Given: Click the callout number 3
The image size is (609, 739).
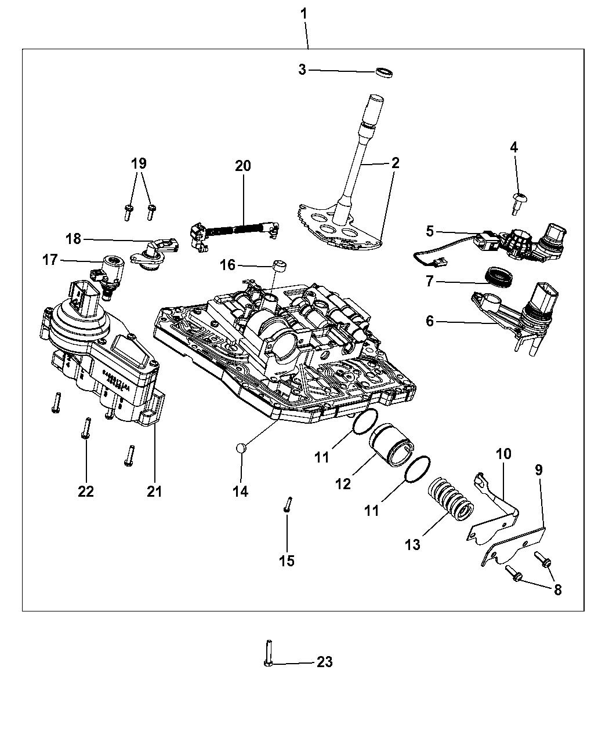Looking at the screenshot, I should [302, 70].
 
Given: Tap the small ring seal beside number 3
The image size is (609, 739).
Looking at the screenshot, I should [383, 72].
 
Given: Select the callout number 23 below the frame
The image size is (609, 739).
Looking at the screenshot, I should [325, 662].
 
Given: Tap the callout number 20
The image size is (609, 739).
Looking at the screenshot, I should [243, 166].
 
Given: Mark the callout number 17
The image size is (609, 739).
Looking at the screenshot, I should [50, 260].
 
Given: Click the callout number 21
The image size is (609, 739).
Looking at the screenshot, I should [154, 491].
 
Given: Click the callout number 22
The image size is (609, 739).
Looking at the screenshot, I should [86, 491].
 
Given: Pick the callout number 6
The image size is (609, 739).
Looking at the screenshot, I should [430, 320].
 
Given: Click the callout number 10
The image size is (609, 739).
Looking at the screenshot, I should [503, 454].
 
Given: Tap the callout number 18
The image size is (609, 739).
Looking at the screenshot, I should [74, 239].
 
